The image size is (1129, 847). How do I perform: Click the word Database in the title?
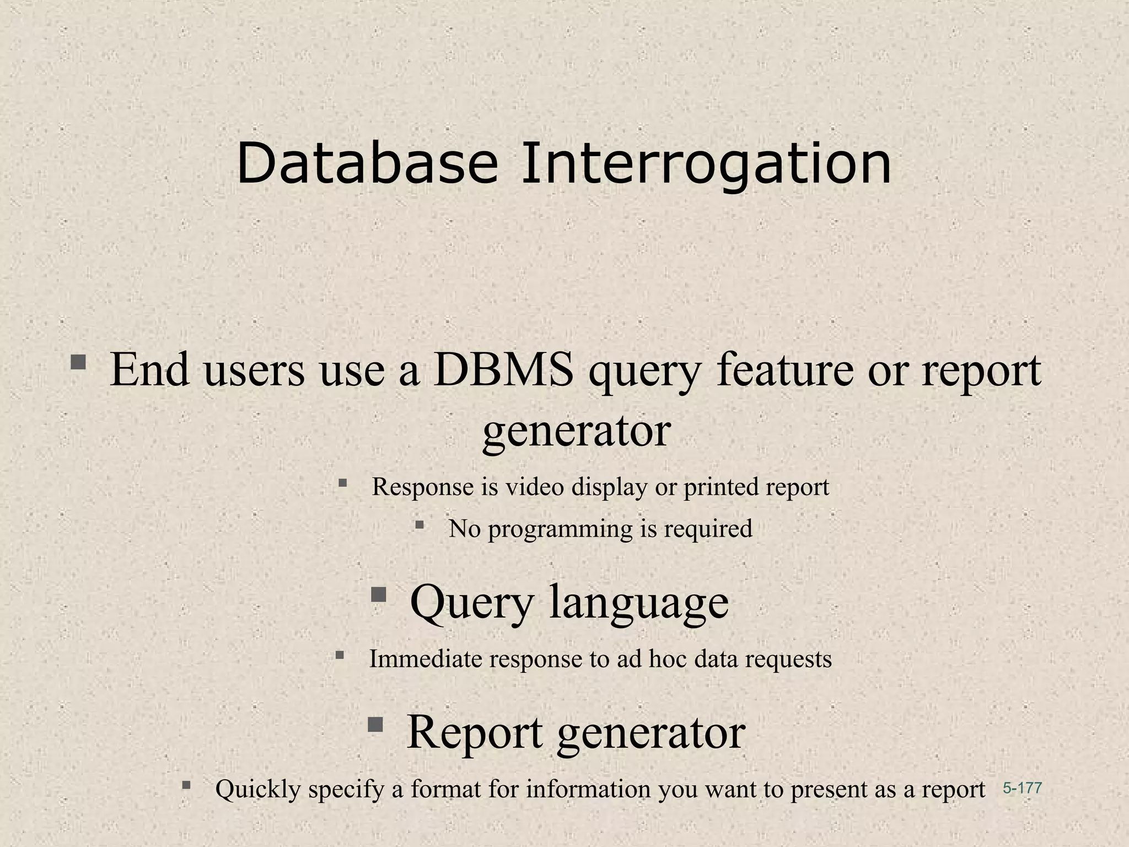point(367,163)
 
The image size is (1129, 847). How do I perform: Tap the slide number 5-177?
point(1022,788)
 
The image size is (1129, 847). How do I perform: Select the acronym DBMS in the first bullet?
point(503,369)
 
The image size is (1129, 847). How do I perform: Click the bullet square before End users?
point(78,362)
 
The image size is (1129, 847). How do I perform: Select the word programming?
point(561,529)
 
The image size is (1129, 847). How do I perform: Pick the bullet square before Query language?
point(378,594)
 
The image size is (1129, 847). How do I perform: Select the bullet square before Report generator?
point(375,724)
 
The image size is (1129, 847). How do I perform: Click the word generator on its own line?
point(577,431)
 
